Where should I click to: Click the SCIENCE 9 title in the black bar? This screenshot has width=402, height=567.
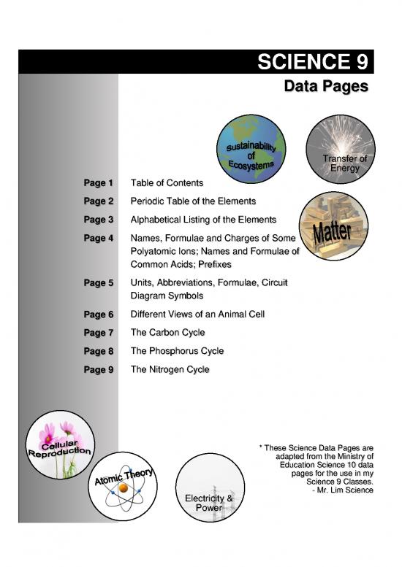click(x=314, y=63)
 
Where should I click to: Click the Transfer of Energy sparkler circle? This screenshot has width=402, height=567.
click(x=338, y=152)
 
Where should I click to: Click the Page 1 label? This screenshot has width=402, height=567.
click(x=99, y=182)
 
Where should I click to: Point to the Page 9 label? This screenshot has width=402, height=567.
click(x=99, y=369)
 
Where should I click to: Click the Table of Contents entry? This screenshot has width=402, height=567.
click(x=166, y=182)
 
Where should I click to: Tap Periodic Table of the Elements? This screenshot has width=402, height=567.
click(x=193, y=200)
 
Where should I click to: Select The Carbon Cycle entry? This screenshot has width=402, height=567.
click(x=167, y=332)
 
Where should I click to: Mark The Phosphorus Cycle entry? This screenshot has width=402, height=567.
click(x=177, y=351)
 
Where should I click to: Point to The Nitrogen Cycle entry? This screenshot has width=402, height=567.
click(x=170, y=369)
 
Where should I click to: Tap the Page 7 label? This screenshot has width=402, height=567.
click(x=99, y=332)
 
